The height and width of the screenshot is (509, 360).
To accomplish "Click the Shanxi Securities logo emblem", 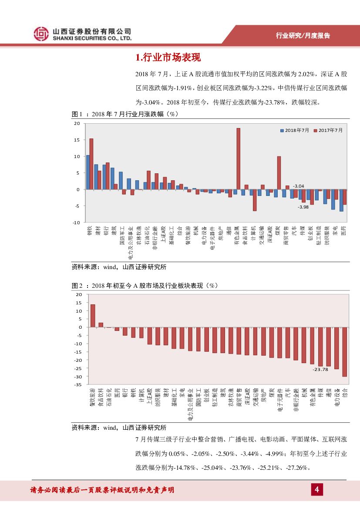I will pyautogui.click(x=41, y=34).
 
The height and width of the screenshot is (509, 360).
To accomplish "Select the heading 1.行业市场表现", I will pyautogui.click(x=168, y=58).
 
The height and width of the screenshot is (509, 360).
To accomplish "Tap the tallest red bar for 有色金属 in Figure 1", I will pyautogui.click(x=238, y=159).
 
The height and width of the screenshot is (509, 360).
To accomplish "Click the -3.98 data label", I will pyautogui.click(x=303, y=207).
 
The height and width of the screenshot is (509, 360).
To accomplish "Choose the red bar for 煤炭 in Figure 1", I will pyautogui.click(x=279, y=173).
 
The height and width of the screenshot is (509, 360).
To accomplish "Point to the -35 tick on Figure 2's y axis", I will pyautogui.click(x=78, y=384).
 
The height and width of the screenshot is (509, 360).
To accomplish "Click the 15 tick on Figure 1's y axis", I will pyautogui.click(x=77, y=140).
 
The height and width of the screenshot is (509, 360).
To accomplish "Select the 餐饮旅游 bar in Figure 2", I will pyautogui.click(x=93, y=316).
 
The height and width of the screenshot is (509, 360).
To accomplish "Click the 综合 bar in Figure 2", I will pyautogui.click(x=344, y=352).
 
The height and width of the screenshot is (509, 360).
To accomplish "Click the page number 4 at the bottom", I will pyautogui.click(x=317, y=490).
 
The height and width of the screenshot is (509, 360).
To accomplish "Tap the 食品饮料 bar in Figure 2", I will pyautogui.click(x=101, y=325).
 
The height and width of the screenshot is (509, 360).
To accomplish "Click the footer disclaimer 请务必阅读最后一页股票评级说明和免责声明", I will pyautogui.click(x=102, y=490).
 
